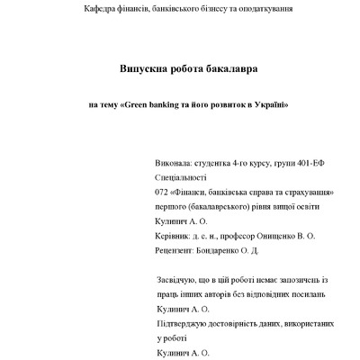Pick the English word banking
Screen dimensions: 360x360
[168, 104]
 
